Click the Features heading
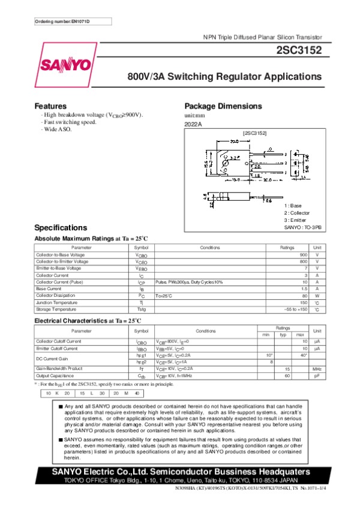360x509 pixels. [x=50, y=106]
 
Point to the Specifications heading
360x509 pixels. [x=61, y=228]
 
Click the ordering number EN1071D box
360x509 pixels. [x=62, y=22]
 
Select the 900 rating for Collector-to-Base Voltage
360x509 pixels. [x=304, y=255]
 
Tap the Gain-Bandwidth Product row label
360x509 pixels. [x=59, y=368]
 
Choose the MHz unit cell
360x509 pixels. [x=317, y=369]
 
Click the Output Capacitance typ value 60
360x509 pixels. [x=287, y=375]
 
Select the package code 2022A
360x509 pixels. [x=193, y=124]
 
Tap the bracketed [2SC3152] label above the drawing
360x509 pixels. [x=254, y=132]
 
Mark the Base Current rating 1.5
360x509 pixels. [x=304, y=288]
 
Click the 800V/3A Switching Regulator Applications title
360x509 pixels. [x=224, y=77]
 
